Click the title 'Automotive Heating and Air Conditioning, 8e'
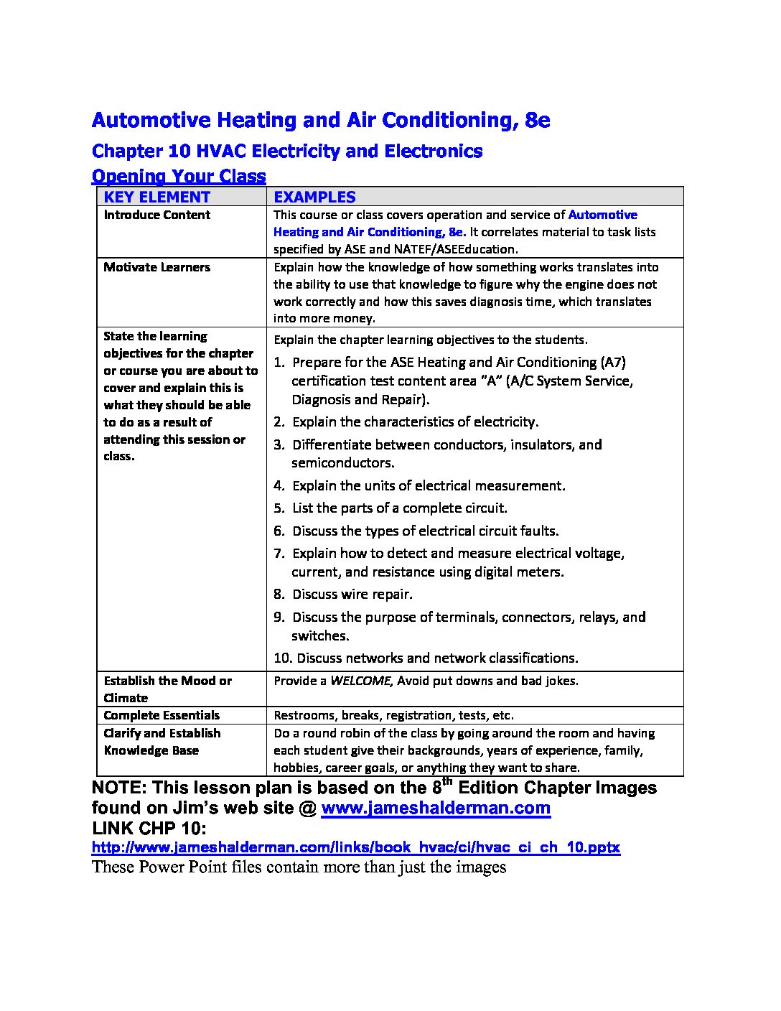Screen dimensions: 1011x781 click(321, 120)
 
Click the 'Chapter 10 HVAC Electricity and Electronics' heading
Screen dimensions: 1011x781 click(287, 152)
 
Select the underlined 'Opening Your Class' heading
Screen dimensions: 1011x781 click(179, 177)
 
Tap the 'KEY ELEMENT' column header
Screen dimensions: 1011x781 click(157, 197)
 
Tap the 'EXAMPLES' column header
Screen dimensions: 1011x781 click(315, 197)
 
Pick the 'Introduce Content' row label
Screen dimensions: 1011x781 click(157, 215)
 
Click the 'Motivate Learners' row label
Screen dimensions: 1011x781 click(157, 267)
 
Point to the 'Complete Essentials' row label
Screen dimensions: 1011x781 click(162, 715)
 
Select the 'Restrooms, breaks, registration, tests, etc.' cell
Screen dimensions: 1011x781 click(394, 715)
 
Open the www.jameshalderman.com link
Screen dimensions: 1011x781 click(436, 809)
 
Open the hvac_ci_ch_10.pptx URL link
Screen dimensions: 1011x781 click(356, 847)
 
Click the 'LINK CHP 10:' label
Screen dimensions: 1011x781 click(149, 829)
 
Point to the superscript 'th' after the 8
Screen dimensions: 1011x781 click(446, 781)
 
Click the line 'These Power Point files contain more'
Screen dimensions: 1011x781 click(299, 867)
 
